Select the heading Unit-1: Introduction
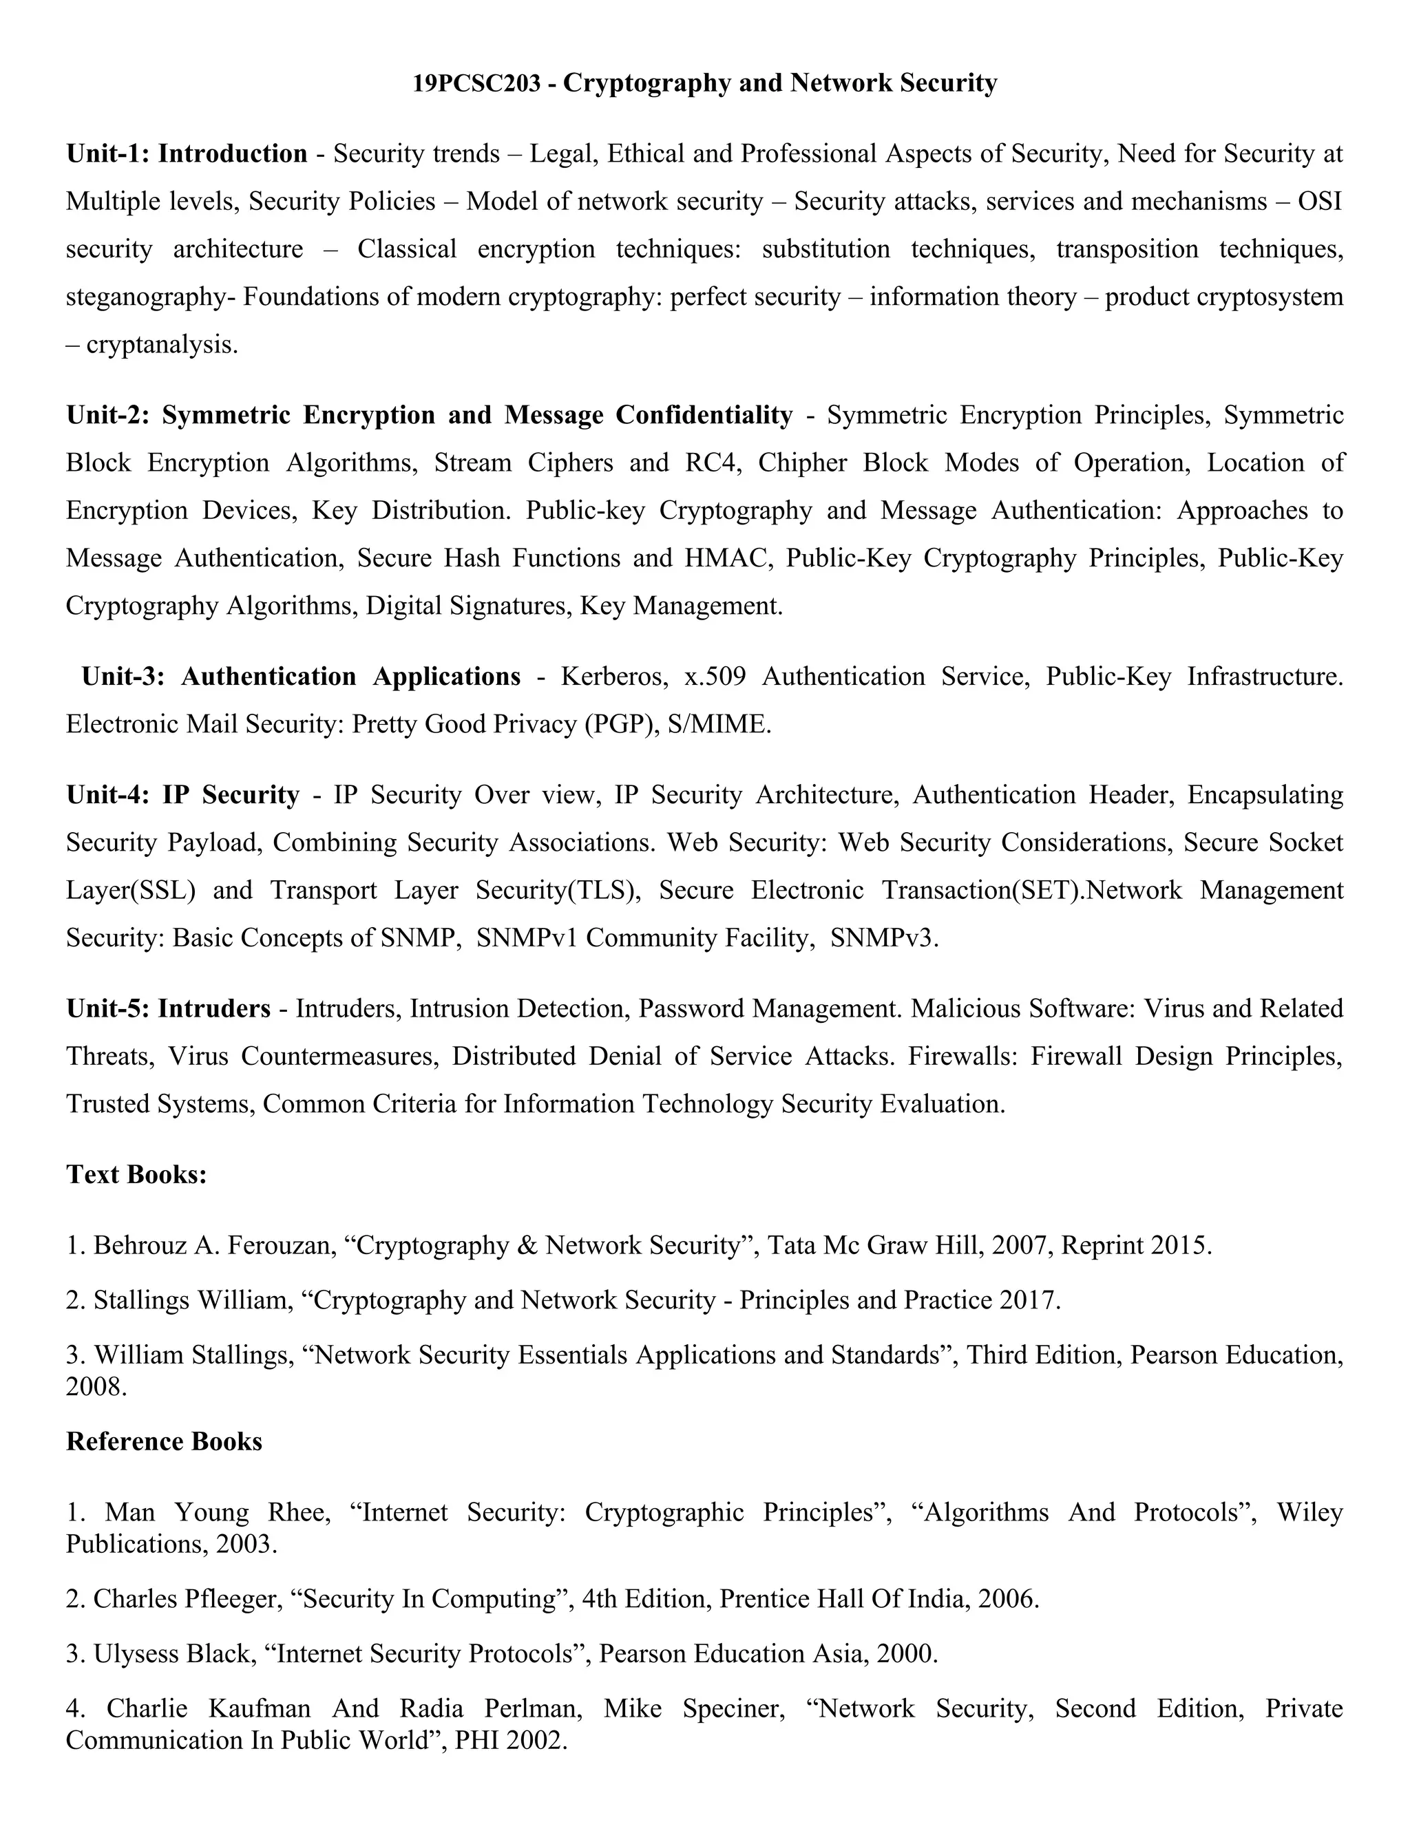click(x=187, y=154)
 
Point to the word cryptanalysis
click(x=161, y=345)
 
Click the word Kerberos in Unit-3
click(x=614, y=677)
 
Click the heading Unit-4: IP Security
click(x=183, y=795)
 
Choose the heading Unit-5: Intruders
click(x=169, y=1009)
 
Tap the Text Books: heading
click(x=136, y=1175)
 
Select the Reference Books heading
click(x=164, y=1441)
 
